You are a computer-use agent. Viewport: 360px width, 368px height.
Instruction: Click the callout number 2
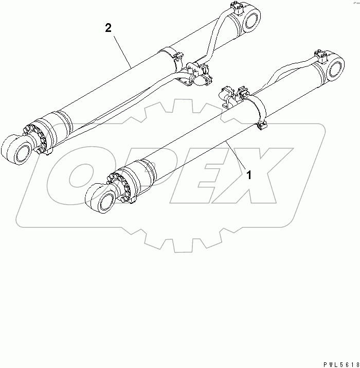(109, 28)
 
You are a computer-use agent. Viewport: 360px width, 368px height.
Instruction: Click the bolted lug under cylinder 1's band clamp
(263, 125)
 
